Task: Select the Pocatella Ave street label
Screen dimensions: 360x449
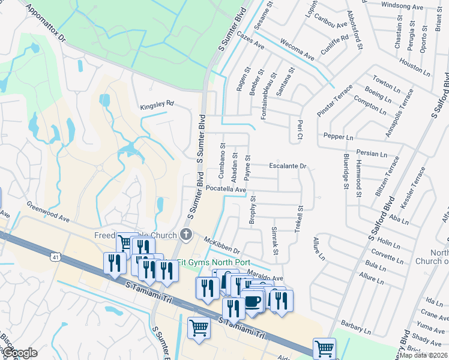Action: [x=226, y=189]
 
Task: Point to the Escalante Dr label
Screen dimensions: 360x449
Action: [x=288, y=166]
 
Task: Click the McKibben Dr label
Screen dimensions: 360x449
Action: [x=221, y=245]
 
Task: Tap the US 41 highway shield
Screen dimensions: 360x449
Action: [x=55, y=256]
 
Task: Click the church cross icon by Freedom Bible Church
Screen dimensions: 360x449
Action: [x=186, y=234]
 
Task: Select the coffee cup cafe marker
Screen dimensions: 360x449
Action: [x=252, y=302]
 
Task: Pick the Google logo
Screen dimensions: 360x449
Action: [x=19, y=353]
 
